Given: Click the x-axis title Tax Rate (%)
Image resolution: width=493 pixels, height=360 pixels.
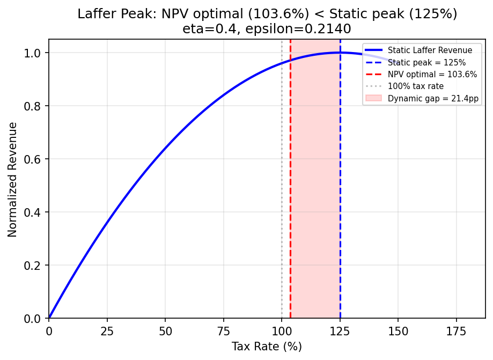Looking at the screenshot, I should [x=267, y=347].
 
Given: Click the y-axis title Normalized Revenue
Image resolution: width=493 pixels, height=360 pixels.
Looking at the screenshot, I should [x=13, y=179].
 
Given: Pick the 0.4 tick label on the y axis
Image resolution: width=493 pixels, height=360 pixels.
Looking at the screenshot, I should [x=36, y=212].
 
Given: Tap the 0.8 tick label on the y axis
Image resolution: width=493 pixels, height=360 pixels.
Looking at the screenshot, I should [x=36, y=106].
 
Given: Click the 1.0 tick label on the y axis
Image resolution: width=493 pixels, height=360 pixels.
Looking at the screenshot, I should [x=36, y=53].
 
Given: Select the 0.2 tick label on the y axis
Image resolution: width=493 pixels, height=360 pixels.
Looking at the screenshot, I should [x=36, y=266].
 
